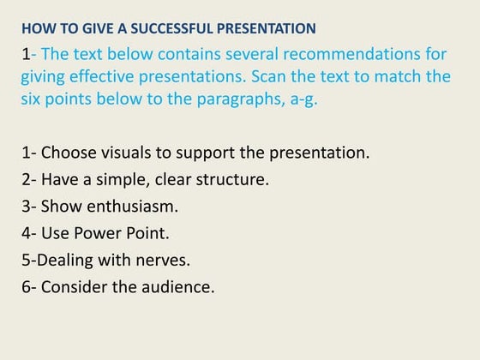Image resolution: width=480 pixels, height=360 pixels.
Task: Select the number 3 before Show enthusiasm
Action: [x=26, y=207]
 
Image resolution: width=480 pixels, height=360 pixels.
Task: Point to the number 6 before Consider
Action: [x=26, y=286]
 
